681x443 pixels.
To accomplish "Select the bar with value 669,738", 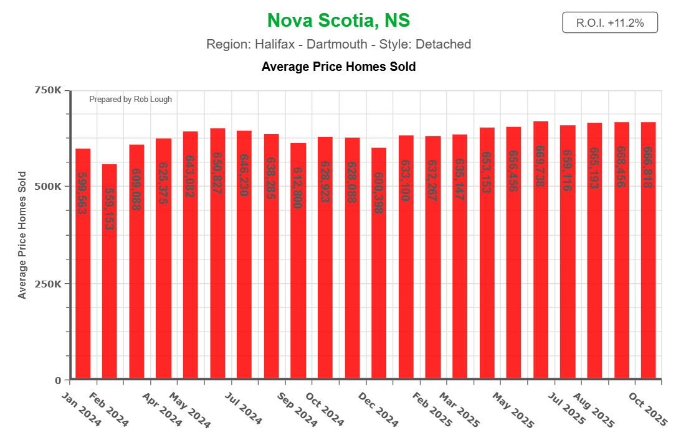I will pyautogui.click(x=541, y=261).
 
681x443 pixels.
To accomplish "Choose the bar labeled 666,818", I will pyautogui.click(x=649, y=261).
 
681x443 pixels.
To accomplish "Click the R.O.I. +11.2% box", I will pyautogui.click(x=609, y=23).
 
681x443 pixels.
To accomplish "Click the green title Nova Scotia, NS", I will pyautogui.click(x=338, y=21).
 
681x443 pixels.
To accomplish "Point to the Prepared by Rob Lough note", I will pyautogui.click(x=130, y=100).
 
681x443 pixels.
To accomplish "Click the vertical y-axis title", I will pyautogui.click(x=22, y=235).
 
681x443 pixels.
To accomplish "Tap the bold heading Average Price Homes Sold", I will pyautogui.click(x=338, y=67).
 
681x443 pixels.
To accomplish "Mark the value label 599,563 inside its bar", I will pyautogui.click(x=82, y=193).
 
